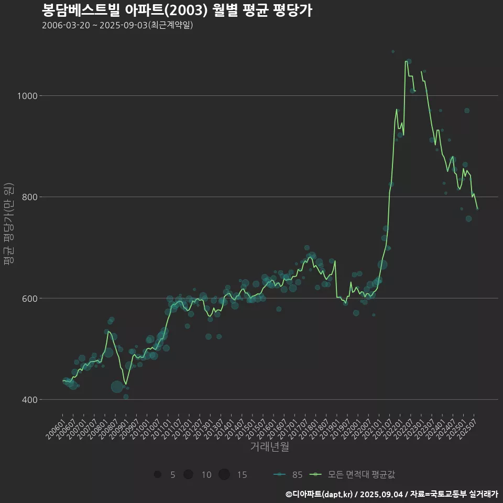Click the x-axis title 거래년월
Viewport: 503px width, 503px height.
pos(269,447)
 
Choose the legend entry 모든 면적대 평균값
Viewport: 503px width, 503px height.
pos(354,475)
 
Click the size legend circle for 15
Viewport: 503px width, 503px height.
pos(224,475)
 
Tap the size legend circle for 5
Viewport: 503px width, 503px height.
pos(157,475)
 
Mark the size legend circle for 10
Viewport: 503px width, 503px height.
pos(188,475)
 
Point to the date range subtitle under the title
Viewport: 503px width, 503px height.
pos(117,25)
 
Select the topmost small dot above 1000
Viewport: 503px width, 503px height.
pos(393,51)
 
